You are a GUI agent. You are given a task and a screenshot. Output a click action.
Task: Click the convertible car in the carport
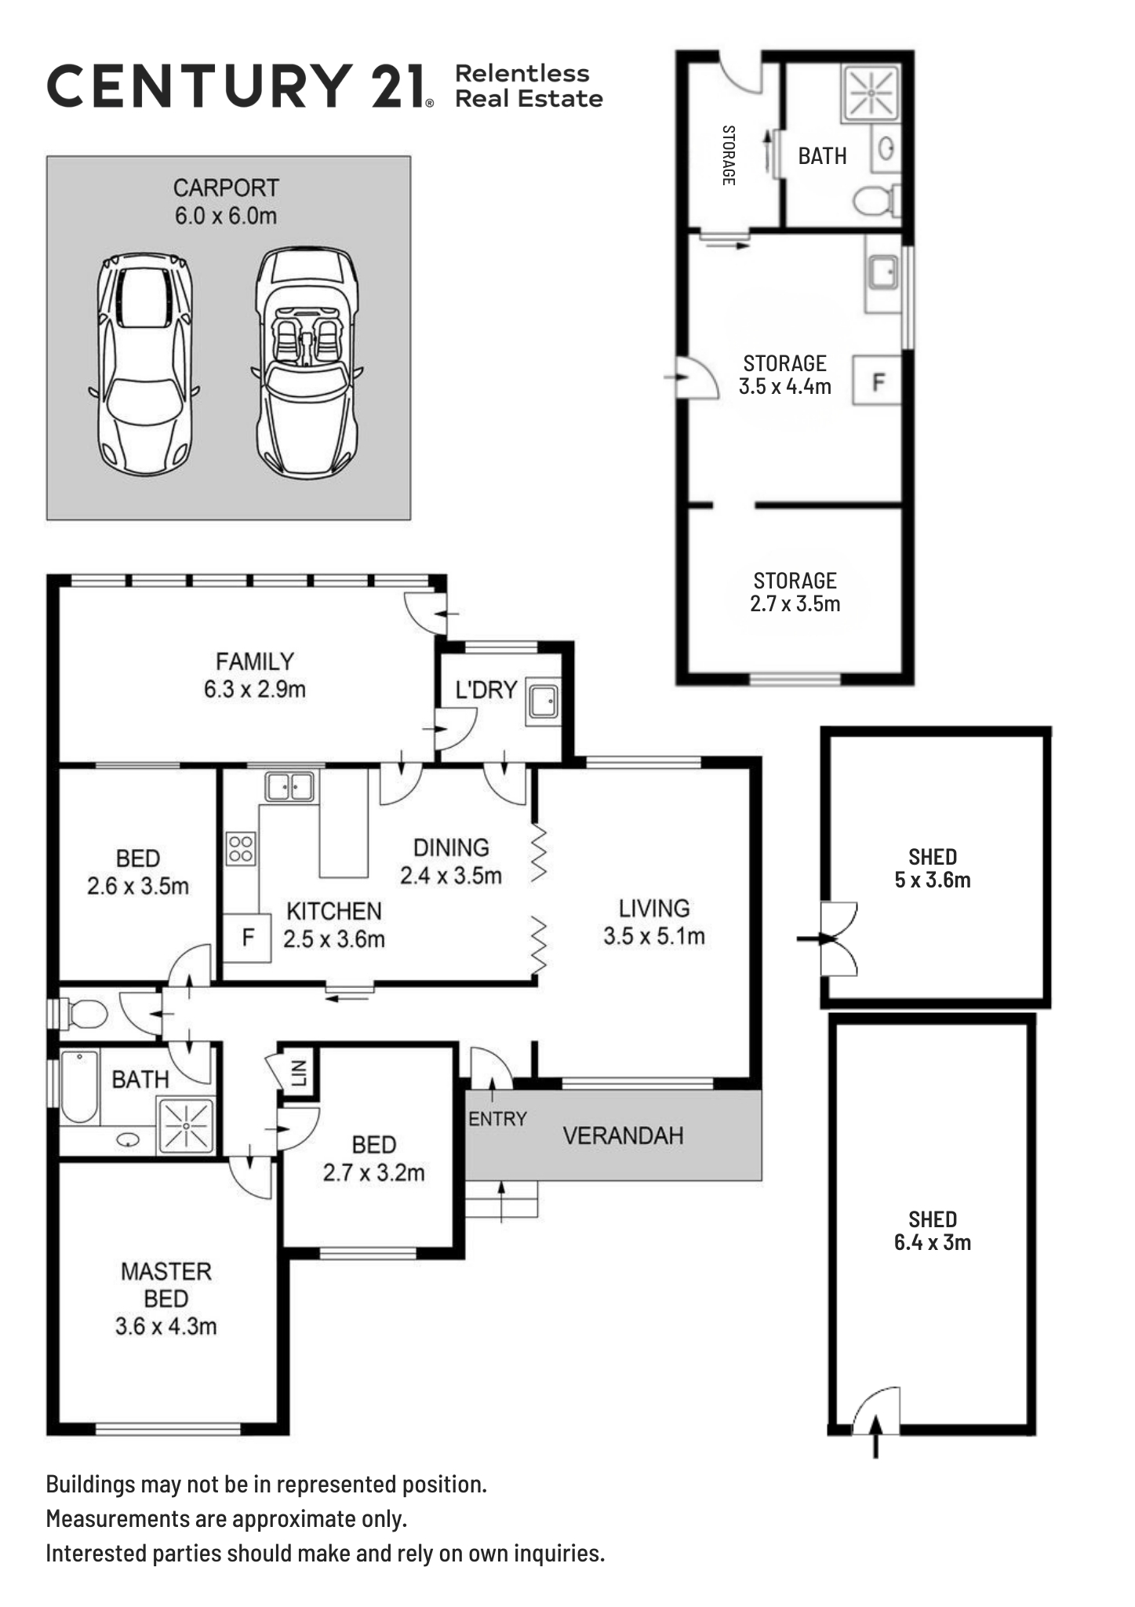click(x=307, y=362)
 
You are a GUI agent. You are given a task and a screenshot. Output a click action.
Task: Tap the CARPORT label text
click(x=226, y=188)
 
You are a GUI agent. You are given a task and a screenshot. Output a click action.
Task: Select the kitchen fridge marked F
click(x=247, y=938)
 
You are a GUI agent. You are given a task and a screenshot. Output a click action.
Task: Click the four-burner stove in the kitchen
click(x=241, y=848)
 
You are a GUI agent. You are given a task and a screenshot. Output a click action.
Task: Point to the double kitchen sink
click(x=290, y=786)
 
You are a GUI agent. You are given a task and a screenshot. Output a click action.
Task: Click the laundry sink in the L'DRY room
click(x=543, y=700)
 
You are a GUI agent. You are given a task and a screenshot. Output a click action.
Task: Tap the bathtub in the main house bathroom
click(x=79, y=1087)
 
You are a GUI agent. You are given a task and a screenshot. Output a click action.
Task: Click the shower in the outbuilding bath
click(x=871, y=93)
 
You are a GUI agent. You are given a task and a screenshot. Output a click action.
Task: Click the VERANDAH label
click(x=623, y=1135)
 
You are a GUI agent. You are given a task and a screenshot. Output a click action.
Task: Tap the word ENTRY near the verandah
click(x=497, y=1119)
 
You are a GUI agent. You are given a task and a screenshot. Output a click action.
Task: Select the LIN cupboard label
click(x=299, y=1073)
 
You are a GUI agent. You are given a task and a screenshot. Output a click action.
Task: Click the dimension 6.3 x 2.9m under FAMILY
click(x=255, y=690)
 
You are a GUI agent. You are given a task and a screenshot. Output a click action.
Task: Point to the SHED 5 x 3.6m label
click(x=933, y=868)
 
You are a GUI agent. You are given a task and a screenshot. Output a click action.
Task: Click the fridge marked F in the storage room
click(x=878, y=381)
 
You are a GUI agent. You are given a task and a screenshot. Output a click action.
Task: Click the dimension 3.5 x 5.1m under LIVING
click(x=654, y=936)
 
